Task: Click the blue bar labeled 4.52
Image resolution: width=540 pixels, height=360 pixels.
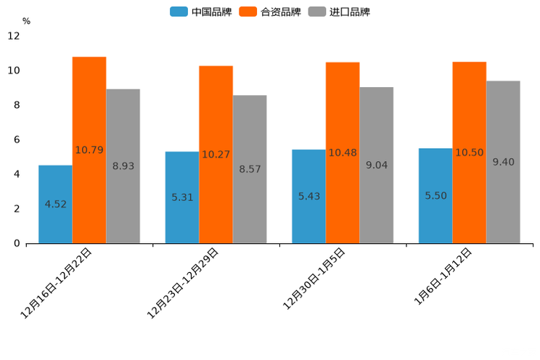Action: pos(55,204)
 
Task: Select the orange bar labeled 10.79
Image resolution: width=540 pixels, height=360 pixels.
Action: pos(89,150)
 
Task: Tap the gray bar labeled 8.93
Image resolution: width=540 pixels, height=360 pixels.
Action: pos(123,166)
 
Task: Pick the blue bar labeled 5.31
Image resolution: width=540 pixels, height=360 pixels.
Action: pos(182,197)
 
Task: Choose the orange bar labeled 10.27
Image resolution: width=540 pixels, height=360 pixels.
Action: pos(216,155)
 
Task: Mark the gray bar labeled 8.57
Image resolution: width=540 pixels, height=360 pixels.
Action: pos(250,169)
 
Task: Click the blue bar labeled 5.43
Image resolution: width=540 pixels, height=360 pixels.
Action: pos(308,196)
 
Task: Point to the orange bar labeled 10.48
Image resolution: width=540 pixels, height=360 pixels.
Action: pos(343,152)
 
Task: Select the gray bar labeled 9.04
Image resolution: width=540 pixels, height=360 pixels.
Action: pos(376,165)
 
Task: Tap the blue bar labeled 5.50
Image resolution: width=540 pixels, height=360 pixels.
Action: pos(435,195)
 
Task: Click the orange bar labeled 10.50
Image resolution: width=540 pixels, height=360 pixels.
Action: pos(469,152)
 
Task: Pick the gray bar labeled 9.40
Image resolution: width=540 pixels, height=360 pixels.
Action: pos(503,162)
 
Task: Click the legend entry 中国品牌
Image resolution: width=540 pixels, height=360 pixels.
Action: pos(201,12)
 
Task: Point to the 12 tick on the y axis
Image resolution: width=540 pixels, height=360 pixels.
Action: pos(15,36)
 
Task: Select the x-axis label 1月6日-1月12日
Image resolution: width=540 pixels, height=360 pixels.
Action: pos(443,277)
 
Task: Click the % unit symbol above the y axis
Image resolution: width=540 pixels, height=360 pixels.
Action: pos(26,22)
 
